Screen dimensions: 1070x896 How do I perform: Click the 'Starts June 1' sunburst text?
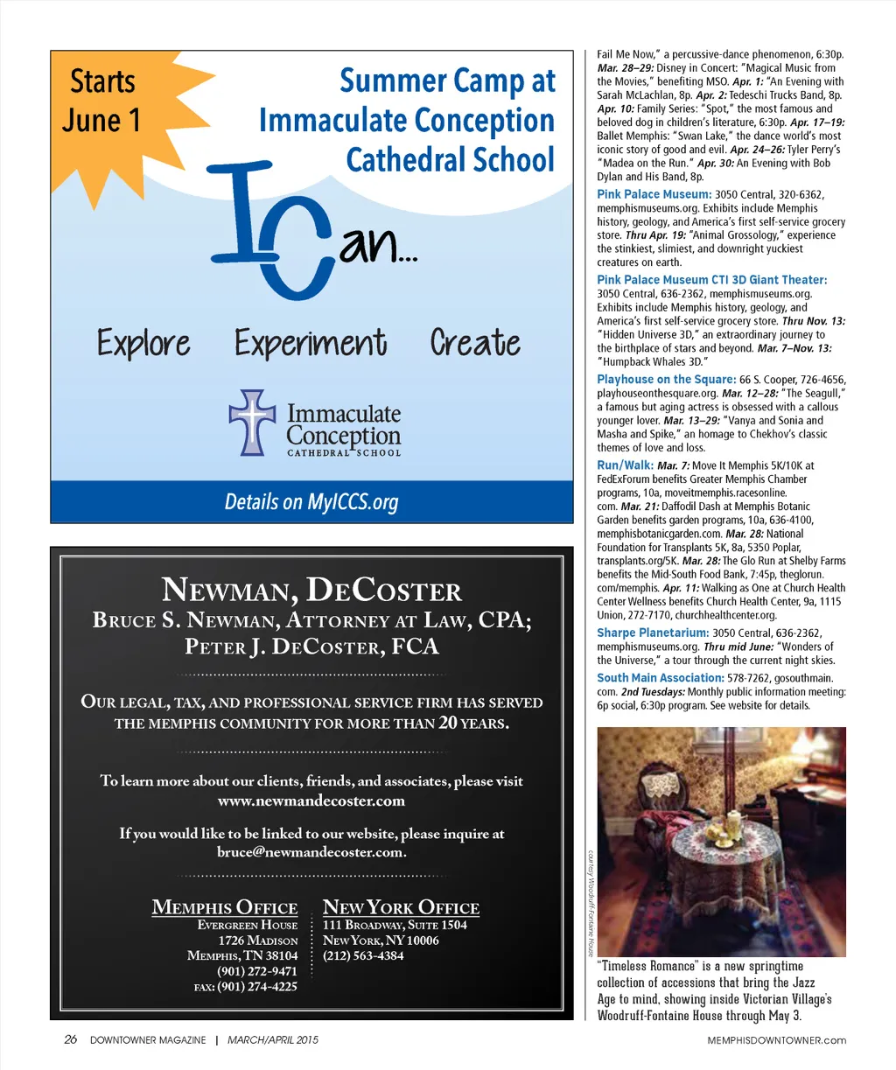click(x=101, y=101)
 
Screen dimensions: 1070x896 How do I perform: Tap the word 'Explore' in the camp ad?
click(x=143, y=343)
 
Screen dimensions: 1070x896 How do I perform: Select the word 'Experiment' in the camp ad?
click(x=311, y=343)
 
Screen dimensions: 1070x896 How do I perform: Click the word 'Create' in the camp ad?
click(x=475, y=342)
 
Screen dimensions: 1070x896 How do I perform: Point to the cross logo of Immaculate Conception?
click(x=251, y=422)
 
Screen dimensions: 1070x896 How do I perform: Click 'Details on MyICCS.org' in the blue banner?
click(x=311, y=502)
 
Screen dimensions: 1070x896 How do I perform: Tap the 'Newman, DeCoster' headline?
click(x=311, y=591)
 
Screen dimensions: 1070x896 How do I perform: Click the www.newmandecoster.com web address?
click(x=311, y=801)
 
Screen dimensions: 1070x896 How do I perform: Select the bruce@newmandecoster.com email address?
click(x=311, y=852)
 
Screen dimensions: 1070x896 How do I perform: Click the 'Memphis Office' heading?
click(x=225, y=907)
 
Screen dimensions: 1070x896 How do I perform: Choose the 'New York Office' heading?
click(x=401, y=907)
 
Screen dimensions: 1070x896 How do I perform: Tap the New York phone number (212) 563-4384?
click(x=363, y=955)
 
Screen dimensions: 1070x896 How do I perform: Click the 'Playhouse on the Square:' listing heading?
click(x=666, y=380)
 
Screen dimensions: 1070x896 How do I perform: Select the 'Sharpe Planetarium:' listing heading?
click(x=653, y=633)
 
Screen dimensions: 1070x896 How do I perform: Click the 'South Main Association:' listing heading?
click(x=661, y=678)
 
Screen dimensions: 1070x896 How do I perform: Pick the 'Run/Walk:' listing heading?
click(x=625, y=465)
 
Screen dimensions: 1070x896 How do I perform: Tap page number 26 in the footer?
click(x=70, y=1040)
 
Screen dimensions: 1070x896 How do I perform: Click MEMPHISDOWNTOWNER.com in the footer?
click(x=777, y=1040)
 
